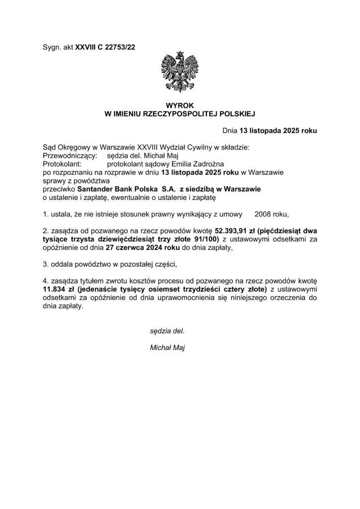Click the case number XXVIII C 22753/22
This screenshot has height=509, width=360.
[105, 47]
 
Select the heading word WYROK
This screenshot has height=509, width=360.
[180, 106]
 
